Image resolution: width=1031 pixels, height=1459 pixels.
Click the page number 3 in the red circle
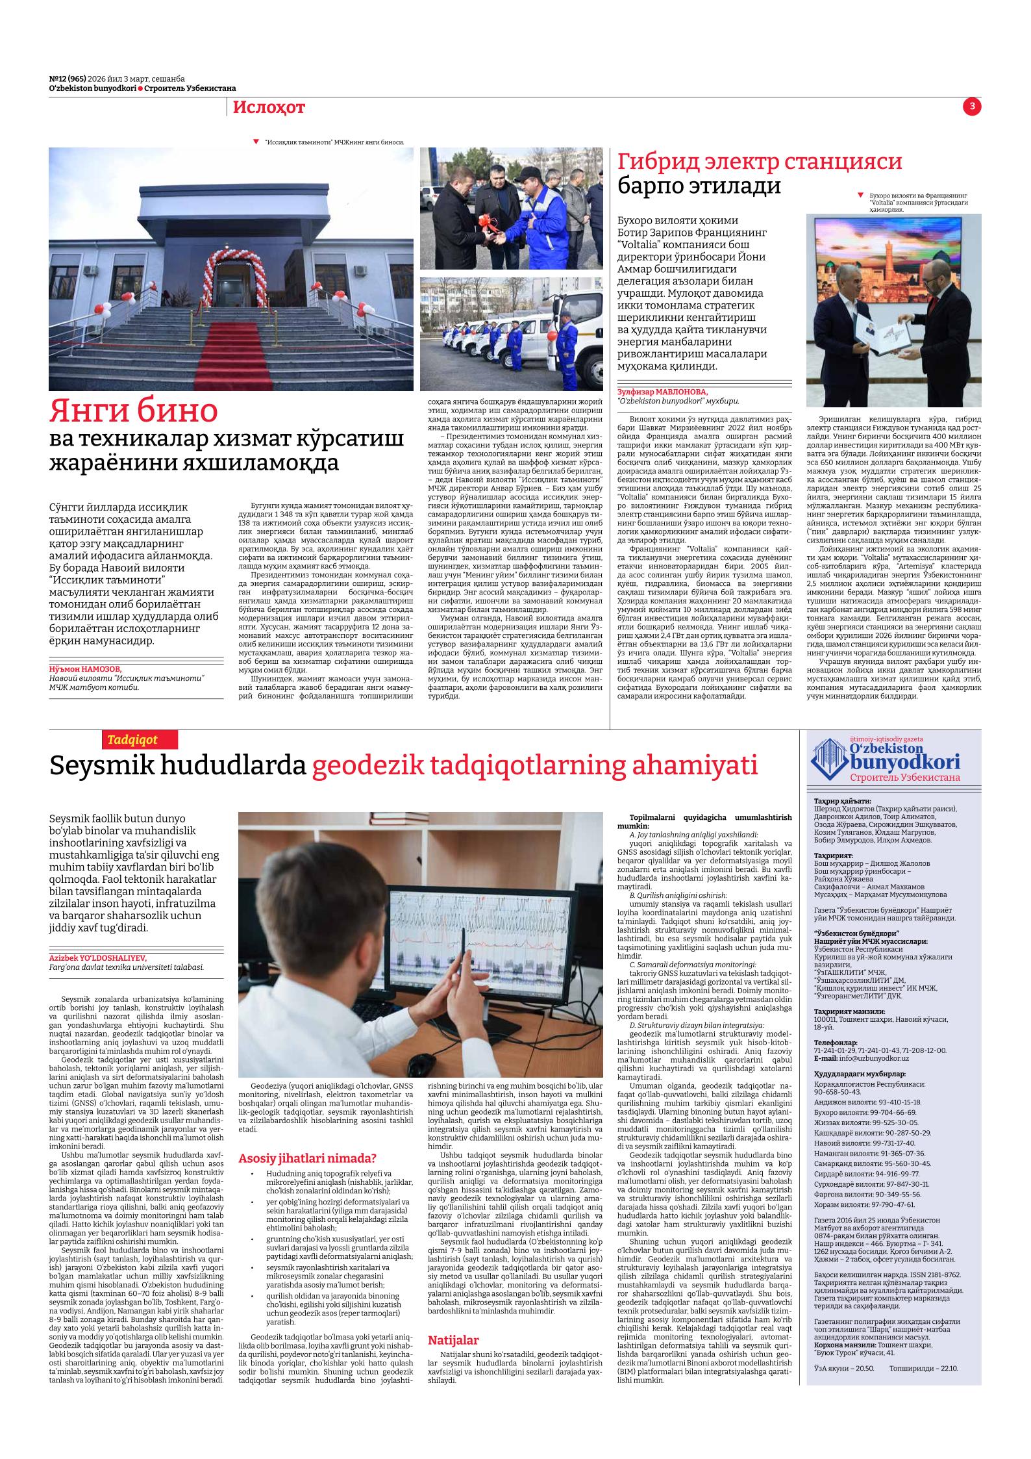(x=972, y=107)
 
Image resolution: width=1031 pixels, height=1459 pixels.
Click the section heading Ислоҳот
(x=269, y=108)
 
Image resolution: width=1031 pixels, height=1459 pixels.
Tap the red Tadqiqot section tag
(x=132, y=739)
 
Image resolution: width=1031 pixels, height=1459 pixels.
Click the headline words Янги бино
(x=134, y=411)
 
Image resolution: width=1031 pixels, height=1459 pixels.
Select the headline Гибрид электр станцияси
(x=760, y=162)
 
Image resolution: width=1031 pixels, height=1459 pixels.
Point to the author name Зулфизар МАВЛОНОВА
(x=662, y=392)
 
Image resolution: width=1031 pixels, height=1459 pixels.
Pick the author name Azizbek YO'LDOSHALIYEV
(x=98, y=958)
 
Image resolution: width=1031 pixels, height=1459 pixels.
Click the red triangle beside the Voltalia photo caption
(x=861, y=194)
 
